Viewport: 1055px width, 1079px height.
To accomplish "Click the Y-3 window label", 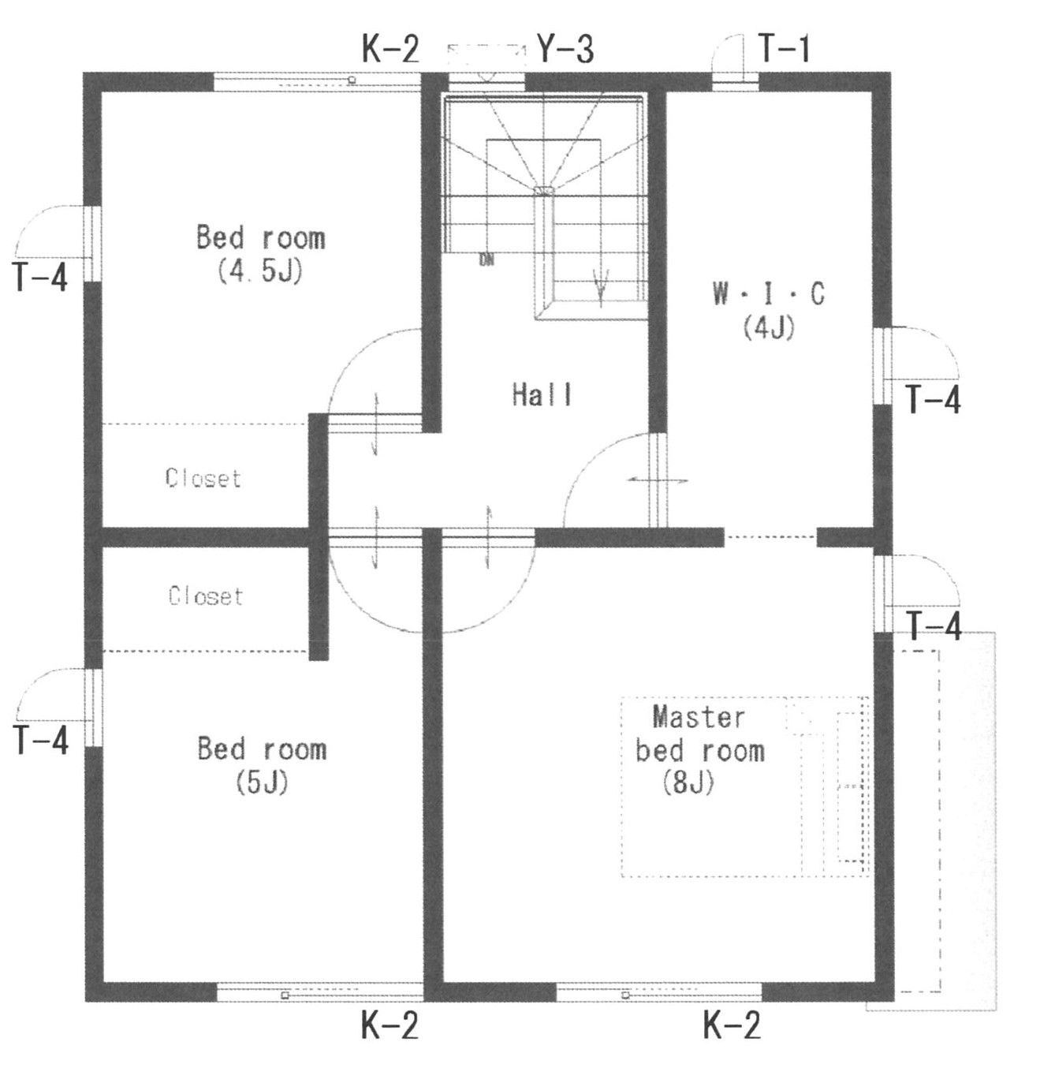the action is (565, 49).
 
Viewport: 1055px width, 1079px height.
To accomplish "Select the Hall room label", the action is (542, 395).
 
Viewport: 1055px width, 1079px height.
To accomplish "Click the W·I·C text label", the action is (769, 293).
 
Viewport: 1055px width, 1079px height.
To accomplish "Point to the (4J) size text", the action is (769, 327).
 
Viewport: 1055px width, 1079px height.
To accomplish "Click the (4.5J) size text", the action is (260, 271).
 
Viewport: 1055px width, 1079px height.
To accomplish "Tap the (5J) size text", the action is (262, 782).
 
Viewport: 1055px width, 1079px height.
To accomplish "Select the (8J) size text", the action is (688, 783).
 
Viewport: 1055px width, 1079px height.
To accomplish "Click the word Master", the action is (699, 717).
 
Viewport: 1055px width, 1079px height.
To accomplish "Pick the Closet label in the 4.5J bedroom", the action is (203, 478).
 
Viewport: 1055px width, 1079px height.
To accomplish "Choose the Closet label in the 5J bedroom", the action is (206, 596).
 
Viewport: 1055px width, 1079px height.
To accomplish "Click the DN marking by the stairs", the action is (486, 259).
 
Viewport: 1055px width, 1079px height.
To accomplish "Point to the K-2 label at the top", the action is (390, 49).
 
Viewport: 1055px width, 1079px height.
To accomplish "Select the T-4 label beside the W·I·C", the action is (933, 399).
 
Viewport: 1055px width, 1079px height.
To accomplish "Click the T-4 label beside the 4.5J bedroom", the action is (40, 277).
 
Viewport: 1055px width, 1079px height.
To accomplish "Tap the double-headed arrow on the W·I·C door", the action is (658, 480).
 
